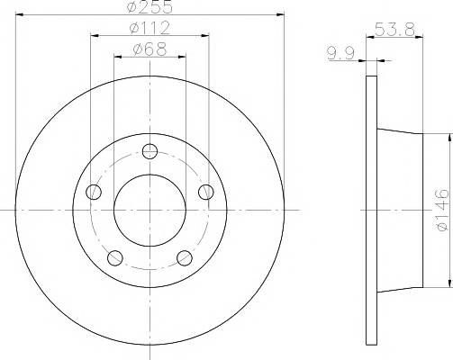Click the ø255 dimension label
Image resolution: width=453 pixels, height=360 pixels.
(x=149, y=6)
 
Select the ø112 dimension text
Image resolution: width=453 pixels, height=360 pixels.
(x=149, y=28)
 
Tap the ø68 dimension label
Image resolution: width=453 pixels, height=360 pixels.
(x=149, y=49)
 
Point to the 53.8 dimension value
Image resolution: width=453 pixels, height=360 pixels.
(x=394, y=30)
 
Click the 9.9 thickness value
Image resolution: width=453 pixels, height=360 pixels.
(x=341, y=53)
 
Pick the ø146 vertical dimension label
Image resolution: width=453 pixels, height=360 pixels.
(x=443, y=210)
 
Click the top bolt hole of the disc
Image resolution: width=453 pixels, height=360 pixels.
(x=149, y=151)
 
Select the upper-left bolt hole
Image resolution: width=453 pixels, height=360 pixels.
(x=94, y=192)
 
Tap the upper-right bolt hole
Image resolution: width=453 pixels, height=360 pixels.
(x=206, y=192)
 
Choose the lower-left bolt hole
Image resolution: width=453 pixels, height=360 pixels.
(x=115, y=257)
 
